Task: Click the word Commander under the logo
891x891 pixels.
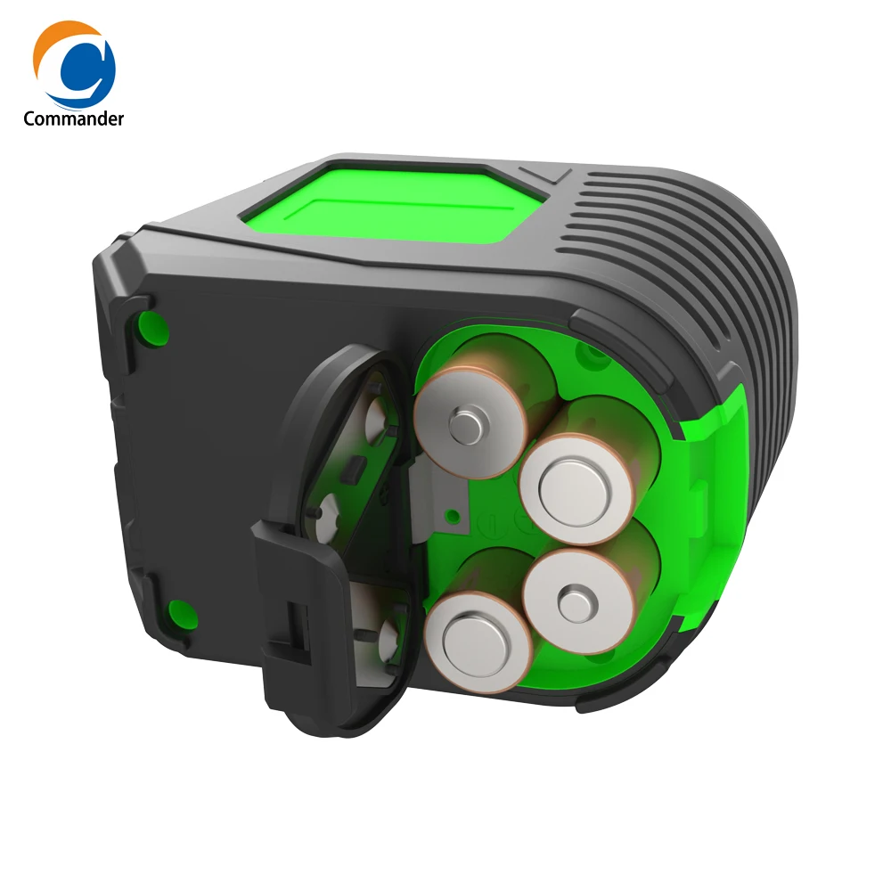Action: [74, 119]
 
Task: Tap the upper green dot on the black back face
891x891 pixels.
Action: [152, 327]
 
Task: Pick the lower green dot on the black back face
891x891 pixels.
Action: [181, 612]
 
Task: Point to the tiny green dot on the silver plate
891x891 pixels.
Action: [454, 515]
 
